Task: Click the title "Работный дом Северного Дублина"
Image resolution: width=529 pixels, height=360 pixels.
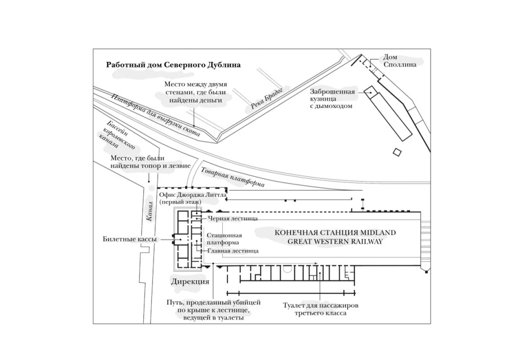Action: point(174,65)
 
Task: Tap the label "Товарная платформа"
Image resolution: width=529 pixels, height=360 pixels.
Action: point(232,178)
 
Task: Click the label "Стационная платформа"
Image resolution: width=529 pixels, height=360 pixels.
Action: point(224,239)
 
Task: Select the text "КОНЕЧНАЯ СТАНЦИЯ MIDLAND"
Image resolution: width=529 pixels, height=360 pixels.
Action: point(334,233)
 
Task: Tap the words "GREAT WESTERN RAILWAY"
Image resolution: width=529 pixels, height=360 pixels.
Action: point(334,242)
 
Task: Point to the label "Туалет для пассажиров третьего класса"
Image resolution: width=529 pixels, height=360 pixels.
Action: point(321,309)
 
